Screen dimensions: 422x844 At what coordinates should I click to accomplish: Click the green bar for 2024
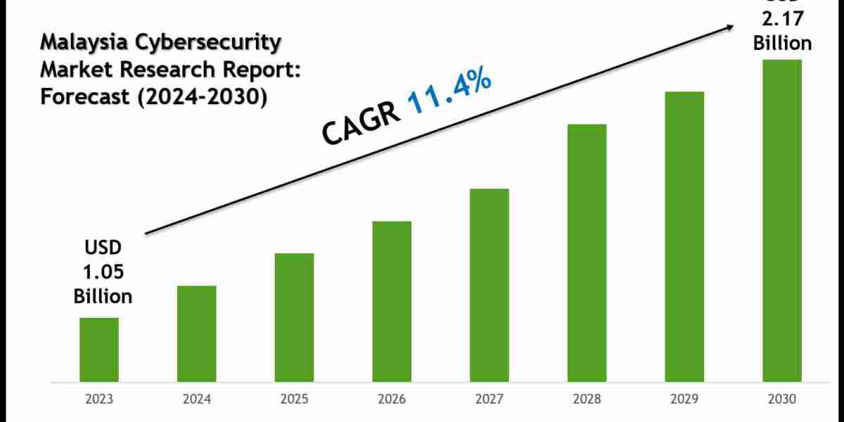click(x=196, y=333)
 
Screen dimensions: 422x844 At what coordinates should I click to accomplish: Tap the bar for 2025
click(x=294, y=317)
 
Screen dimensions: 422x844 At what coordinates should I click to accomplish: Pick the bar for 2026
click(x=392, y=301)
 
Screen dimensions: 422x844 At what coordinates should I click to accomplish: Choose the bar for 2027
click(x=490, y=285)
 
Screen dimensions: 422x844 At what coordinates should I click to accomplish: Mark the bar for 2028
click(x=587, y=252)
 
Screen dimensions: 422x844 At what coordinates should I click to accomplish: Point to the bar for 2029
click(x=684, y=236)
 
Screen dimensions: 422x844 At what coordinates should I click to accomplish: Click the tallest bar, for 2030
click(x=782, y=220)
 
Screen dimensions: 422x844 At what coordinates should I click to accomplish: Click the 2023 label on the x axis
click(x=98, y=399)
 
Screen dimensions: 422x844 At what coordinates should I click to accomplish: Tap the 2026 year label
click(x=392, y=399)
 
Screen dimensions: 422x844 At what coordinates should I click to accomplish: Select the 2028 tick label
click(x=587, y=399)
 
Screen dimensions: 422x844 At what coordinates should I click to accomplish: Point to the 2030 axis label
click(x=782, y=399)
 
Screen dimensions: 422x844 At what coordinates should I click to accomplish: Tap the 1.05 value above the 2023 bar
click(x=103, y=272)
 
